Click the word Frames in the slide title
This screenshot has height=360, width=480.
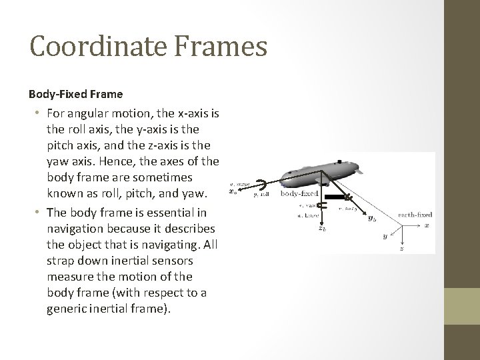pyautogui.click(x=223, y=47)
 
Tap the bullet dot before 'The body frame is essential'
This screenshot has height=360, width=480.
pyautogui.click(x=41, y=213)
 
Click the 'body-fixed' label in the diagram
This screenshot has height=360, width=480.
pyautogui.click(x=299, y=194)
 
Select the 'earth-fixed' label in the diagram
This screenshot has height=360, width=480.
pyautogui.click(x=415, y=215)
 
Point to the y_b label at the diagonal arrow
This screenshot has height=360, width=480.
pyautogui.click(x=371, y=219)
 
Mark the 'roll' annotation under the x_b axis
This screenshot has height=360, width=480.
pyautogui.click(x=261, y=196)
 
